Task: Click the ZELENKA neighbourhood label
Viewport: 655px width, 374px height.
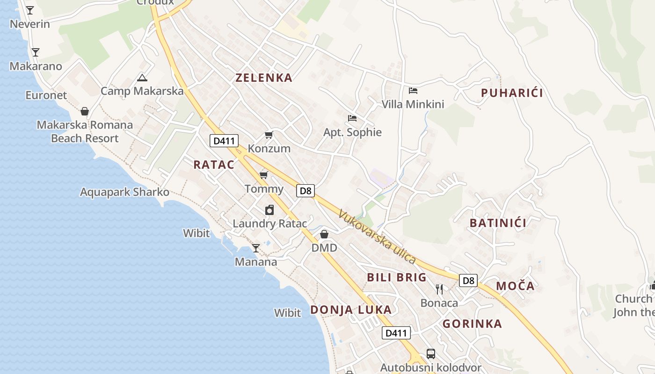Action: coord(264,78)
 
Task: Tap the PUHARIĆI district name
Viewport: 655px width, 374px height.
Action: coord(512,93)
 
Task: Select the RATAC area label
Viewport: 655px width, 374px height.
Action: coord(214,164)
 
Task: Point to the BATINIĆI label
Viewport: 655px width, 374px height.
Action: coord(498,223)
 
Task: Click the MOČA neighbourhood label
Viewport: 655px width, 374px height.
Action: coord(515,286)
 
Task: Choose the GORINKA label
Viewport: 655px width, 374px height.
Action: coord(472,324)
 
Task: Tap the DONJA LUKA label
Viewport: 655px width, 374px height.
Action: coord(351,309)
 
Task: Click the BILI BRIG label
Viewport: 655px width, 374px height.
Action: coord(397,277)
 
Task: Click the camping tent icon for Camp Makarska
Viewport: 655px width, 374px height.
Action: coord(142,78)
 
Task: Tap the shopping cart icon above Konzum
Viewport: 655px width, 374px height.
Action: coord(269,135)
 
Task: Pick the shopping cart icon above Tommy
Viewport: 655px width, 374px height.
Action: coord(264,175)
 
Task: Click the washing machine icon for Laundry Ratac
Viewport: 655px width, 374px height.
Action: coord(269,210)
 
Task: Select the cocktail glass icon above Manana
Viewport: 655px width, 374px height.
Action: coord(256,248)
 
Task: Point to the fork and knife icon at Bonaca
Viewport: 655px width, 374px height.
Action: coord(439,289)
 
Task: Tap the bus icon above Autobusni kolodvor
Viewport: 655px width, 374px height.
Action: coord(431,354)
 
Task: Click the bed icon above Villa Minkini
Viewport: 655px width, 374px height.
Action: coord(413,91)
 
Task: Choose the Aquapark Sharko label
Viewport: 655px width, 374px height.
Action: coord(124,192)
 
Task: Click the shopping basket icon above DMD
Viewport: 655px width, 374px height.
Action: coord(324,234)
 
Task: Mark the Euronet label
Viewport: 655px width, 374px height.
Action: coord(46,95)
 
